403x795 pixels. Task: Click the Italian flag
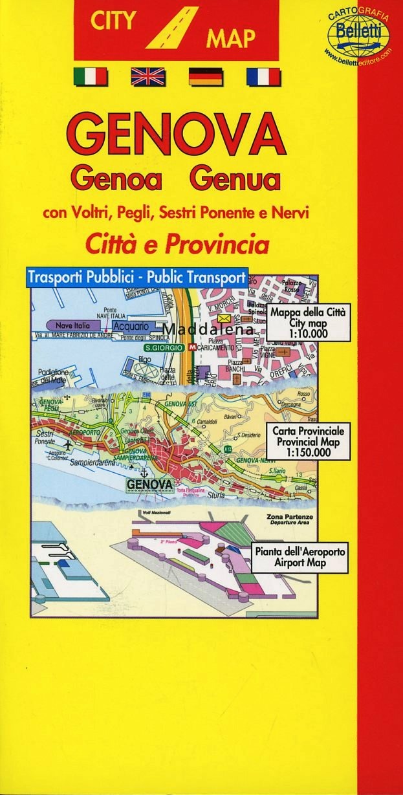click(x=90, y=77)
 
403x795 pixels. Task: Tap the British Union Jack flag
click(x=147, y=77)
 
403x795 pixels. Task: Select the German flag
click(x=205, y=77)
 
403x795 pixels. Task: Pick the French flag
click(x=263, y=77)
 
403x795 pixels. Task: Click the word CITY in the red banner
click(x=113, y=20)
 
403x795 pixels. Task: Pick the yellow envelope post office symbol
click(x=224, y=320)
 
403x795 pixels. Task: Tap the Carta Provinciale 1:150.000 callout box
click(x=309, y=441)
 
